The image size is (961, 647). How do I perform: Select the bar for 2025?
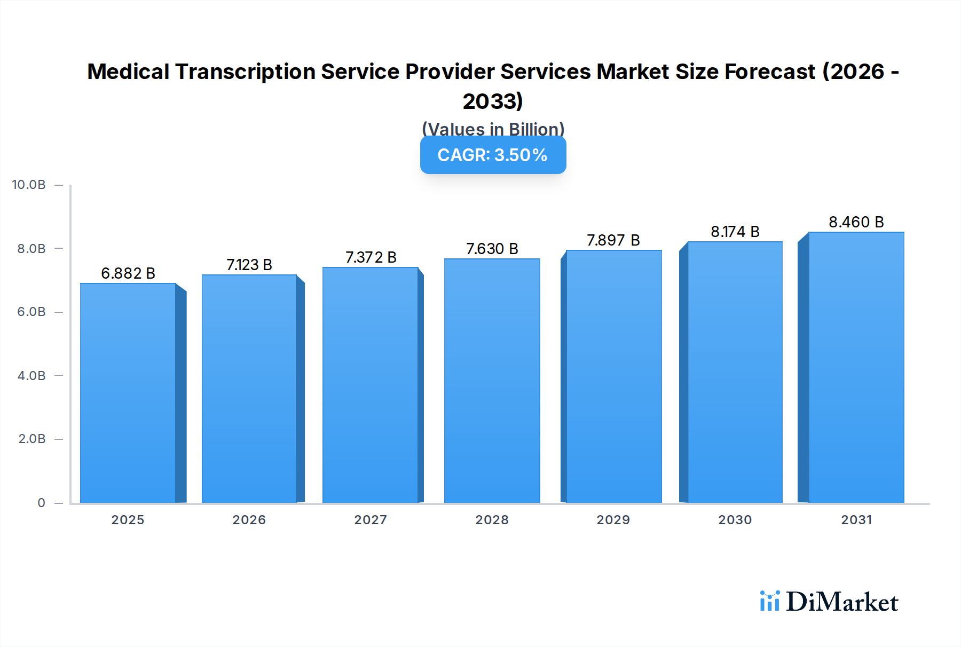point(128,393)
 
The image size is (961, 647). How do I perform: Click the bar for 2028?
point(492,381)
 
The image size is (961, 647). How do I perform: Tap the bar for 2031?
point(856,367)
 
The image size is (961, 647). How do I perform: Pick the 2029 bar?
point(613,376)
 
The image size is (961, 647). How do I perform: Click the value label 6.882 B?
point(128,273)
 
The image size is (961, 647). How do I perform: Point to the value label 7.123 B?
point(249,265)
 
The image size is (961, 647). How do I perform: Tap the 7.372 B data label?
point(371,257)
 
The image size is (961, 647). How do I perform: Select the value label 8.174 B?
point(735,232)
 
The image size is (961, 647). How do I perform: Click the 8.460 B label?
point(856,222)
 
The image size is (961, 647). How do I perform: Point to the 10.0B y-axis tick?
point(29,185)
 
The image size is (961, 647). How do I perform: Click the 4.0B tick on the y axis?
point(31,375)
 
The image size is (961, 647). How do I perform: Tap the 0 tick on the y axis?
point(41,502)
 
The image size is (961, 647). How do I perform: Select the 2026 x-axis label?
point(249,519)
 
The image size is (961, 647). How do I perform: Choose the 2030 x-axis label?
point(735,519)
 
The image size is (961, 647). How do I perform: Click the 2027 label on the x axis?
point(371,519)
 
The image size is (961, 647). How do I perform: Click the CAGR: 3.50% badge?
point(493,155)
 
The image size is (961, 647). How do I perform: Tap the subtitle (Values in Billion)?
point(493,129)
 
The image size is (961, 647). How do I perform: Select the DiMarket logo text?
point(842,602)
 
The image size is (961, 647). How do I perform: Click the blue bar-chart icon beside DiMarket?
point(769,601)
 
